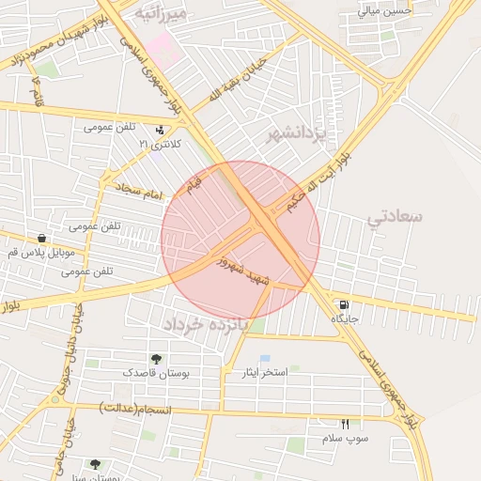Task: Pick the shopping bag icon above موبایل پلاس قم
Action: point(41,239)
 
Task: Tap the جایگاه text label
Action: point(345,319)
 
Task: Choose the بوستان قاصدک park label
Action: point(156,373)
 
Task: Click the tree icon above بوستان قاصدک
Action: point(156,359)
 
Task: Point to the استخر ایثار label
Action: point(262,373)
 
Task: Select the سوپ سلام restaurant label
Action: point(345,439)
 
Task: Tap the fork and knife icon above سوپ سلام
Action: point(345,425)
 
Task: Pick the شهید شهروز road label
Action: point(243,271)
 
